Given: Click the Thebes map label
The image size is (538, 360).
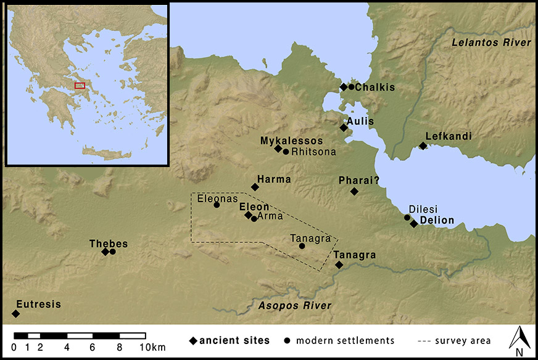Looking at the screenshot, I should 104,242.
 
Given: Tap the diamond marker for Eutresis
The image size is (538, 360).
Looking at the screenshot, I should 16,314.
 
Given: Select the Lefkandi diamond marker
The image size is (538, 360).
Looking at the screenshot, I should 423,145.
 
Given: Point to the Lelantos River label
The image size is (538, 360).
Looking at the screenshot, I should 490,43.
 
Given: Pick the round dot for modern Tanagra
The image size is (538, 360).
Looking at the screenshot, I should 302,246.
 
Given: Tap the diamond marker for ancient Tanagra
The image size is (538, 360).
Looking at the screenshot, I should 339,264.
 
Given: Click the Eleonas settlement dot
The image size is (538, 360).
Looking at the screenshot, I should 217,205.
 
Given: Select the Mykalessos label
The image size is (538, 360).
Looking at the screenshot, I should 291,141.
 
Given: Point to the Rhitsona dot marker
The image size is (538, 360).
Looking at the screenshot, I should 286,151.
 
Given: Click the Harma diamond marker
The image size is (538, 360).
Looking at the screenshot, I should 255,187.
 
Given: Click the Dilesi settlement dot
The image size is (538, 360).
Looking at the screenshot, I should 407,217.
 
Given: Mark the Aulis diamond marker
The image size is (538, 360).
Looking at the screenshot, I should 343,128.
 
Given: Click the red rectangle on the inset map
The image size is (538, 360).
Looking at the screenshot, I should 80,85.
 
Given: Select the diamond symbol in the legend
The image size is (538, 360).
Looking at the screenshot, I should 193,340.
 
